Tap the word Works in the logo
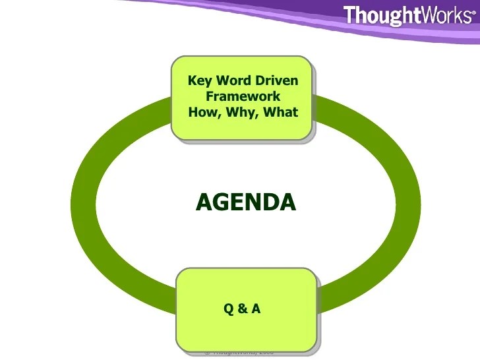447,15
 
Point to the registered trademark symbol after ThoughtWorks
473,12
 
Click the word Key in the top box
200,81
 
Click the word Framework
243,96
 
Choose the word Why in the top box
242,112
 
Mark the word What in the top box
281,112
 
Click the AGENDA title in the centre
245,202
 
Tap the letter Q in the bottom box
229,308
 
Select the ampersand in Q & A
243,308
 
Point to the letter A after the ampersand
256,308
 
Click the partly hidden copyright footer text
239,352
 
